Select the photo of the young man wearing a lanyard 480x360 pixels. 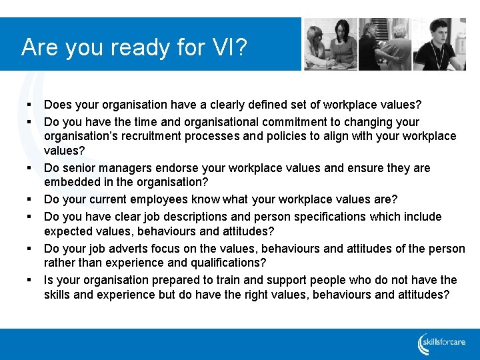[439, 44]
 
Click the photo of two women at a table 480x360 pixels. [331, 44]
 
